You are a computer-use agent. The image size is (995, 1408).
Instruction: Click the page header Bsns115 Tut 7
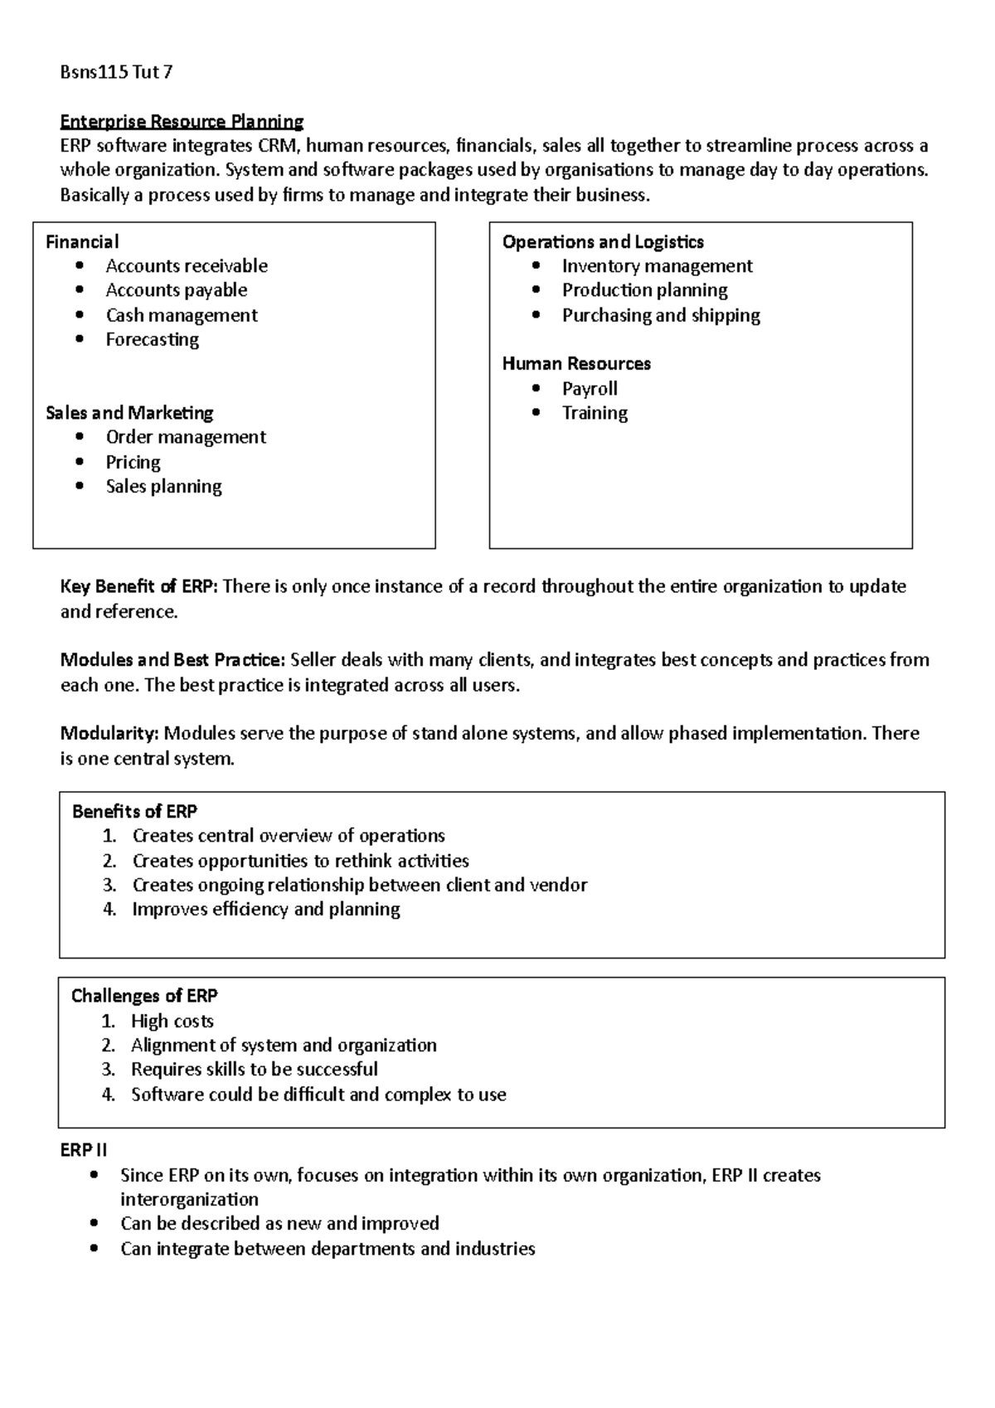click(116, 72)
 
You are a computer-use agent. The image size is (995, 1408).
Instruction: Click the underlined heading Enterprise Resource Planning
click(182, 122)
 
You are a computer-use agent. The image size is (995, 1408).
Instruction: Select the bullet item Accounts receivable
click(187, 266)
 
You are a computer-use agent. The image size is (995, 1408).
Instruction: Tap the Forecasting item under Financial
click(152, 340)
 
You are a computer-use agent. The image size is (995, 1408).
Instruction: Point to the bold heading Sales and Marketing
click(129, 413)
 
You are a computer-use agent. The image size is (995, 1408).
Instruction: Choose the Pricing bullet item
click(133, 462)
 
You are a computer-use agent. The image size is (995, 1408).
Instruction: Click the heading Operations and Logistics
click(603, 242)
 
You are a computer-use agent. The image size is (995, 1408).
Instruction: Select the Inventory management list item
click(657, 266)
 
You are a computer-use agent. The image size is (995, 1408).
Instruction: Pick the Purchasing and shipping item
click(661, 315)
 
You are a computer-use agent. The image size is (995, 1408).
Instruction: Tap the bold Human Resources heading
click(576, 364)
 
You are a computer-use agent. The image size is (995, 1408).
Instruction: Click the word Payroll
click(590, 389)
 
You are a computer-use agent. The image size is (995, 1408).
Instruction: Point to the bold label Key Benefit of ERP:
click(138, 587)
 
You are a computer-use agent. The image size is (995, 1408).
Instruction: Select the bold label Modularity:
click(109, 734)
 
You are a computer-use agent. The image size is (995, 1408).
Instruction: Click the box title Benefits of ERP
click(134, 812)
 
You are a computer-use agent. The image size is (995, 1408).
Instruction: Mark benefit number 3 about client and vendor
click(359, 886)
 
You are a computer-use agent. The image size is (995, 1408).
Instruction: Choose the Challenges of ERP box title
click(144, 996)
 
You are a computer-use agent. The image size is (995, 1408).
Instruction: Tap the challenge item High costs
click(172, 1022)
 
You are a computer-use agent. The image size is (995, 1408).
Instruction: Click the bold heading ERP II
click(84, 1151)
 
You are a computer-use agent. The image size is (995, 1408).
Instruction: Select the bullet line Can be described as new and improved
click(279, 1224)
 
